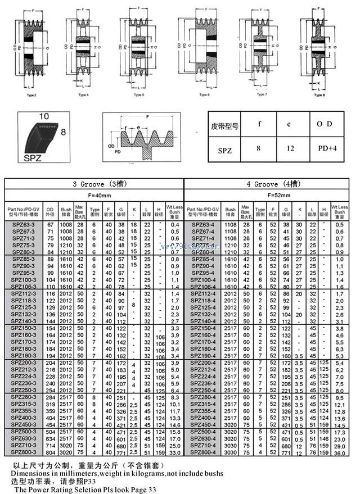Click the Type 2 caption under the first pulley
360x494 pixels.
coord(31,95)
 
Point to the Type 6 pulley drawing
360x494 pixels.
coord(203,48)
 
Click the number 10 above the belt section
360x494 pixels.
coord(45,117)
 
